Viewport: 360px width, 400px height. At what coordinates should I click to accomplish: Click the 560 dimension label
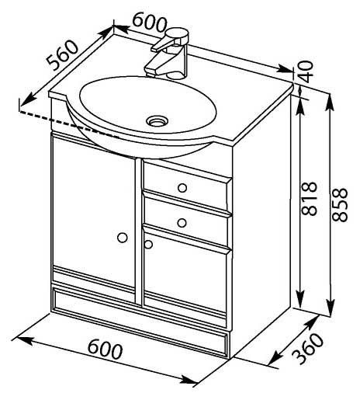[x=62, y=55]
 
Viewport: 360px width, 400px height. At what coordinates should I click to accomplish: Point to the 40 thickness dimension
[x=306, y=71]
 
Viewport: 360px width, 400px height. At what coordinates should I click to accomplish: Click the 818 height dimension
[x=309, y=199]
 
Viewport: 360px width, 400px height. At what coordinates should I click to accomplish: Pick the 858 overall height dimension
[x=340, y=204]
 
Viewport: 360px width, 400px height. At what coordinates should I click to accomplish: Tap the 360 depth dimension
[x=308, y=349]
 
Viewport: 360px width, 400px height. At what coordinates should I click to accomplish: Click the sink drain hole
[x=157, y=120]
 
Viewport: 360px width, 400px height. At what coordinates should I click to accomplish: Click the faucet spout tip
[x=150, y=70]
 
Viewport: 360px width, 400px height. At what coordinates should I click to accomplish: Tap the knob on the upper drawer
[x=182, y=188]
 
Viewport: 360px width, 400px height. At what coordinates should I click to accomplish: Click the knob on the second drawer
[x=182, y=223]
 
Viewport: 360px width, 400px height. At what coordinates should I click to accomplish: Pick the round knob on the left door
[x=123, y=238]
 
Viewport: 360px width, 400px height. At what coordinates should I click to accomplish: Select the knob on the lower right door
[x=148, y=244]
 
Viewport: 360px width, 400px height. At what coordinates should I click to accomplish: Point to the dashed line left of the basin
[x=69, y=123]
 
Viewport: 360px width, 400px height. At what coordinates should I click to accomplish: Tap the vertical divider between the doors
[x=138, y=232]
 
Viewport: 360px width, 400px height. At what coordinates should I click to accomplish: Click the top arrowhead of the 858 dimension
[x=330, y=103]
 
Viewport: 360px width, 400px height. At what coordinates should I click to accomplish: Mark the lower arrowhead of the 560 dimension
[x=26, y=99]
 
